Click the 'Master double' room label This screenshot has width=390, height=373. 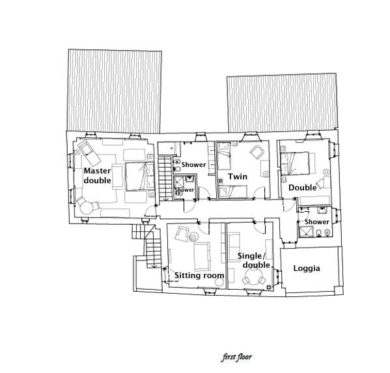pyautogui.click(x=97, y=175)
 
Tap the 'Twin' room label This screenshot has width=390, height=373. pyautogui.click(x=238, y=177)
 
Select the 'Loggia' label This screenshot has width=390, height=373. pyautogui.click(x=307, y=268)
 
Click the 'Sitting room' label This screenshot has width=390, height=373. pyautogui.click(x=199, y=276)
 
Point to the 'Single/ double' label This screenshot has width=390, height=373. pyautogui.click(x=254, y=261)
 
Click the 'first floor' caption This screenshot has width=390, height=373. pyautogui.click(x=237, y=357)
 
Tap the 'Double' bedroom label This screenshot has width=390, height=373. pyautogui.click(x=303, y=188)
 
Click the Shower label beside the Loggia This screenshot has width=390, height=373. pyautogui.click(x=317, y=222)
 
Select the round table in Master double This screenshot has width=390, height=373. pyautogui.click(x=87, y=207)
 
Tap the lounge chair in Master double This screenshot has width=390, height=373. pyautogui.click(x=89, y=153)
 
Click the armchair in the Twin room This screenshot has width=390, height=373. pyautogui.click(x=257, y=152)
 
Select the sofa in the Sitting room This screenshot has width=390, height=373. pyautogui.click(x=202, y=257)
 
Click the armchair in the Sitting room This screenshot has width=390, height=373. pyautogui.click(x=182, y=233)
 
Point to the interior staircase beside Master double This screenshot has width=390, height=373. pyautogui.click(x=164, y=178)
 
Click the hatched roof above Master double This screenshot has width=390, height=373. pyautogui.click(x=115, y=91)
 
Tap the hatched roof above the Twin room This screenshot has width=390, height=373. pyautogui.click(x=283, y=103)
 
